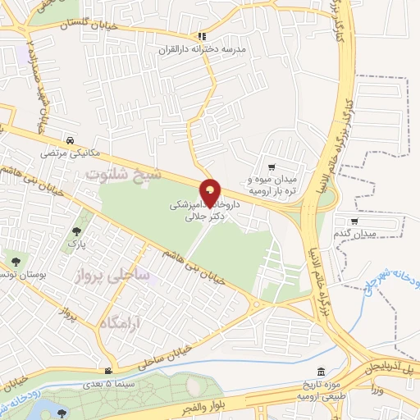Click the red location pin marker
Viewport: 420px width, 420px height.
pyautogui.click(x=211, y=193)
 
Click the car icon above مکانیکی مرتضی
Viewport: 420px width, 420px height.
pyautogui.click(x=73, y=139)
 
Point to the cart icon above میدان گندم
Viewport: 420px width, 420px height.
pyautogui.click(x=354, y=221)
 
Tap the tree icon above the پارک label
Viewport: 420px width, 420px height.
pyautogui.click(x=77, y=232)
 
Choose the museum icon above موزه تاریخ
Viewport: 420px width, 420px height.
pyautogui.click(x=321, y=371)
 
